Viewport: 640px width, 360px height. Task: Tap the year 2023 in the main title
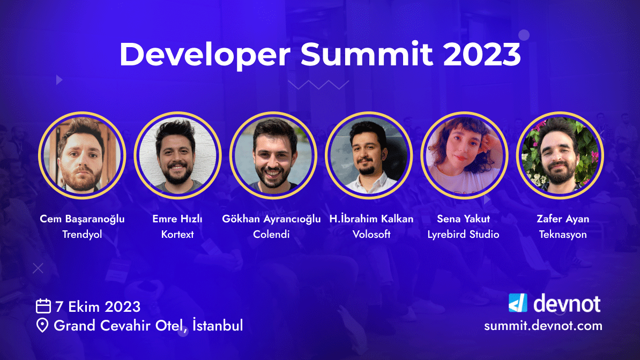(x=482, y=54)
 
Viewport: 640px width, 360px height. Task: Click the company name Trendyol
(x=82, y=235)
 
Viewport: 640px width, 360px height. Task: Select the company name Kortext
(x=177, y=235)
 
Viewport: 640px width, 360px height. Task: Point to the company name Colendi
(x=271, y=235)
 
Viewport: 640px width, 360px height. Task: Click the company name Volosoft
(x=371, y=235)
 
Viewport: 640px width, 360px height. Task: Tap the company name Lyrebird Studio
(x=463, y=235)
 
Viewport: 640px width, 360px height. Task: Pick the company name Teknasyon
(x=563, y=235)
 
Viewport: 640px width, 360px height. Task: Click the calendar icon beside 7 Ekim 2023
(x=43, y=306)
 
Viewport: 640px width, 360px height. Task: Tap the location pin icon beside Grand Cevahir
(x=42, y=325)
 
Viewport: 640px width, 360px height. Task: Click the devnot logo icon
(x=518, y=303)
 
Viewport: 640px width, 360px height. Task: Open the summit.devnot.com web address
(x=543, y=326)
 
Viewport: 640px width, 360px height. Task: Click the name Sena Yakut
(x=463, y=219)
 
